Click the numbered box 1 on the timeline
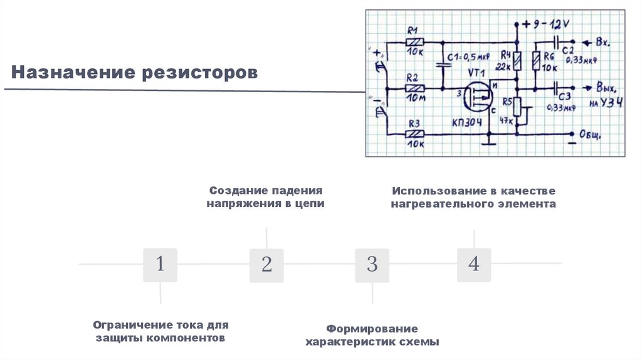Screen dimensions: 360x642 click(x=160, y=265)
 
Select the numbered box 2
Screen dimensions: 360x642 click(x=266, y=265)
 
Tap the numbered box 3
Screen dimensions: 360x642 click(x=372, y=265)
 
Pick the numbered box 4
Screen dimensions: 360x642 click(x=473, y=265)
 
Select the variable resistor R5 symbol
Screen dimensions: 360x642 click(x=517, y=107)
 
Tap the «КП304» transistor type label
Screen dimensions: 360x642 click(x=467, y=122)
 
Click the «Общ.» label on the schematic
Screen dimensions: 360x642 click(x=591, y=134)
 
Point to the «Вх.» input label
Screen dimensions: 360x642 click(x=603, y=43)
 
